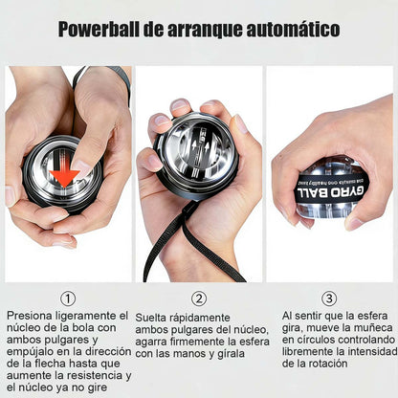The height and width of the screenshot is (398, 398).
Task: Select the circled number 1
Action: click(x=67, y=298)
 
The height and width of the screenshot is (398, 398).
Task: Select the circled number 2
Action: click(x=199, y=298)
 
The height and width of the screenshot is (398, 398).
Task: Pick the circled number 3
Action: click(x=329, y=298)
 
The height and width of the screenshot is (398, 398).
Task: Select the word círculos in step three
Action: click(x=315, y=339)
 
